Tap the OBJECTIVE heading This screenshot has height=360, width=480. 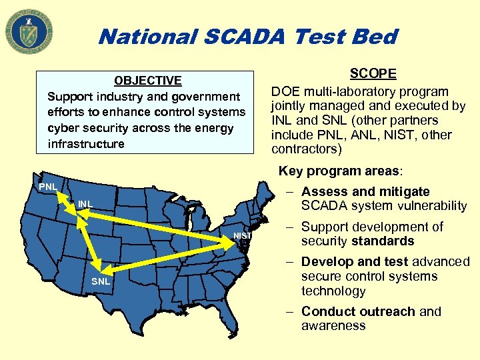click(x=148, y=81)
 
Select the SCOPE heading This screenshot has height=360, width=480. click(x=373, y=74)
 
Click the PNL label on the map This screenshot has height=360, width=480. click(x=47, y=187)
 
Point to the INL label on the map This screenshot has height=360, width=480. click(x=85, y=203)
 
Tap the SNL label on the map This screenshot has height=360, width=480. click(x=101, y=281)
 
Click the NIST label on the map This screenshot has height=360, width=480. click(x=242, y=236)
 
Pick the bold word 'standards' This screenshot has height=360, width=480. click(x=385, y=241)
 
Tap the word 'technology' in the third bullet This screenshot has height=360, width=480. click(x=333, y=291)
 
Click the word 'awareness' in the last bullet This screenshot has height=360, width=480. click(x=333, y=326)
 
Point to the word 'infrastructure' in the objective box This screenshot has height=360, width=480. click(x=86, y=144)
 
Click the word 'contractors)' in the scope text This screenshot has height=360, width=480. click(x=307, y=149)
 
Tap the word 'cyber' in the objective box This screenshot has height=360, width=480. click(x=65, y=128)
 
